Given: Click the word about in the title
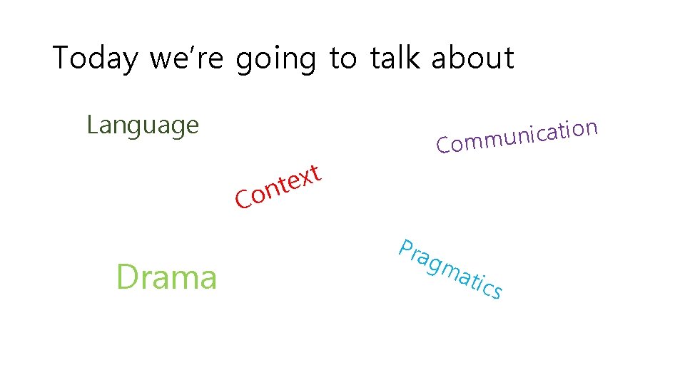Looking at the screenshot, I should pos(472,58).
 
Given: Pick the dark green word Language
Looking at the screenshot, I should pos(143,126).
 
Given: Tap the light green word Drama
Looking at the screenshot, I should pos(166,277).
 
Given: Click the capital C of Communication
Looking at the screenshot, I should pos(444,146).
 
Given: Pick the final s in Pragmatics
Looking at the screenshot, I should pos(496,291).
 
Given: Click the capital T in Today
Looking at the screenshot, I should pos(62,58).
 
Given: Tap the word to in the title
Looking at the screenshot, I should pos(343,58).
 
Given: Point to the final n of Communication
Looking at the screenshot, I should pos(589,129).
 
